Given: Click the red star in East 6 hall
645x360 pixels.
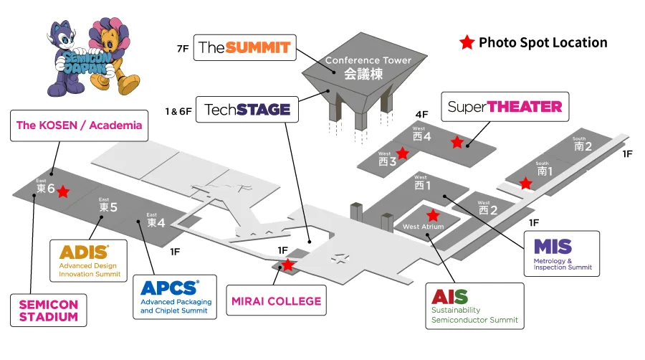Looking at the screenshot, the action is (x=63, y=191).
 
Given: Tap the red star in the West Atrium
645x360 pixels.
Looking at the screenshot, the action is (x=433, y=214).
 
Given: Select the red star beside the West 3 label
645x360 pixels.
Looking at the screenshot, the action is (x=402, y=153).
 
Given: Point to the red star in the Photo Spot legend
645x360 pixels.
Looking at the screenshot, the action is (x=467, y=42).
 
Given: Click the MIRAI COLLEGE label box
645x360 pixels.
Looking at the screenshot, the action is (x=277, y=300).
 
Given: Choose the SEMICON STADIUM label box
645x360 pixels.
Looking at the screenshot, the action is (x=49, y=311).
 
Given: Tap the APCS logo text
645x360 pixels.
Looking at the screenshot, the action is (x=170, y=288).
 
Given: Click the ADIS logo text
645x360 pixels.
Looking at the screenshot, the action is (x=84, y=252).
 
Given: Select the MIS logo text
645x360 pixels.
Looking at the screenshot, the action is (x=553, y=247).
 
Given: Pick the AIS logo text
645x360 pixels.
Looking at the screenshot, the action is (x=449, y=297).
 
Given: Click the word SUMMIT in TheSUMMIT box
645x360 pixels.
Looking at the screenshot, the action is (x=258, y=48).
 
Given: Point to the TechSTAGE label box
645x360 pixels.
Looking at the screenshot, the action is (x=247, y=110).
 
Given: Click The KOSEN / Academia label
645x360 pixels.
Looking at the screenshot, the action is (x=79, y=125).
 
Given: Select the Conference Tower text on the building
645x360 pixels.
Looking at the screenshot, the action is (x=368, y=60).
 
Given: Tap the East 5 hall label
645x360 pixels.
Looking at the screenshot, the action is (x=108, y=205).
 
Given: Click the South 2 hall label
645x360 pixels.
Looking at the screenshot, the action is (x=583, y=144).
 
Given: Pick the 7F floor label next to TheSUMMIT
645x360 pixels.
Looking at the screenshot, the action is (x=183, y=49).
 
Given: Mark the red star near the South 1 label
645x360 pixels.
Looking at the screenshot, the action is (x=525, y=183).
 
